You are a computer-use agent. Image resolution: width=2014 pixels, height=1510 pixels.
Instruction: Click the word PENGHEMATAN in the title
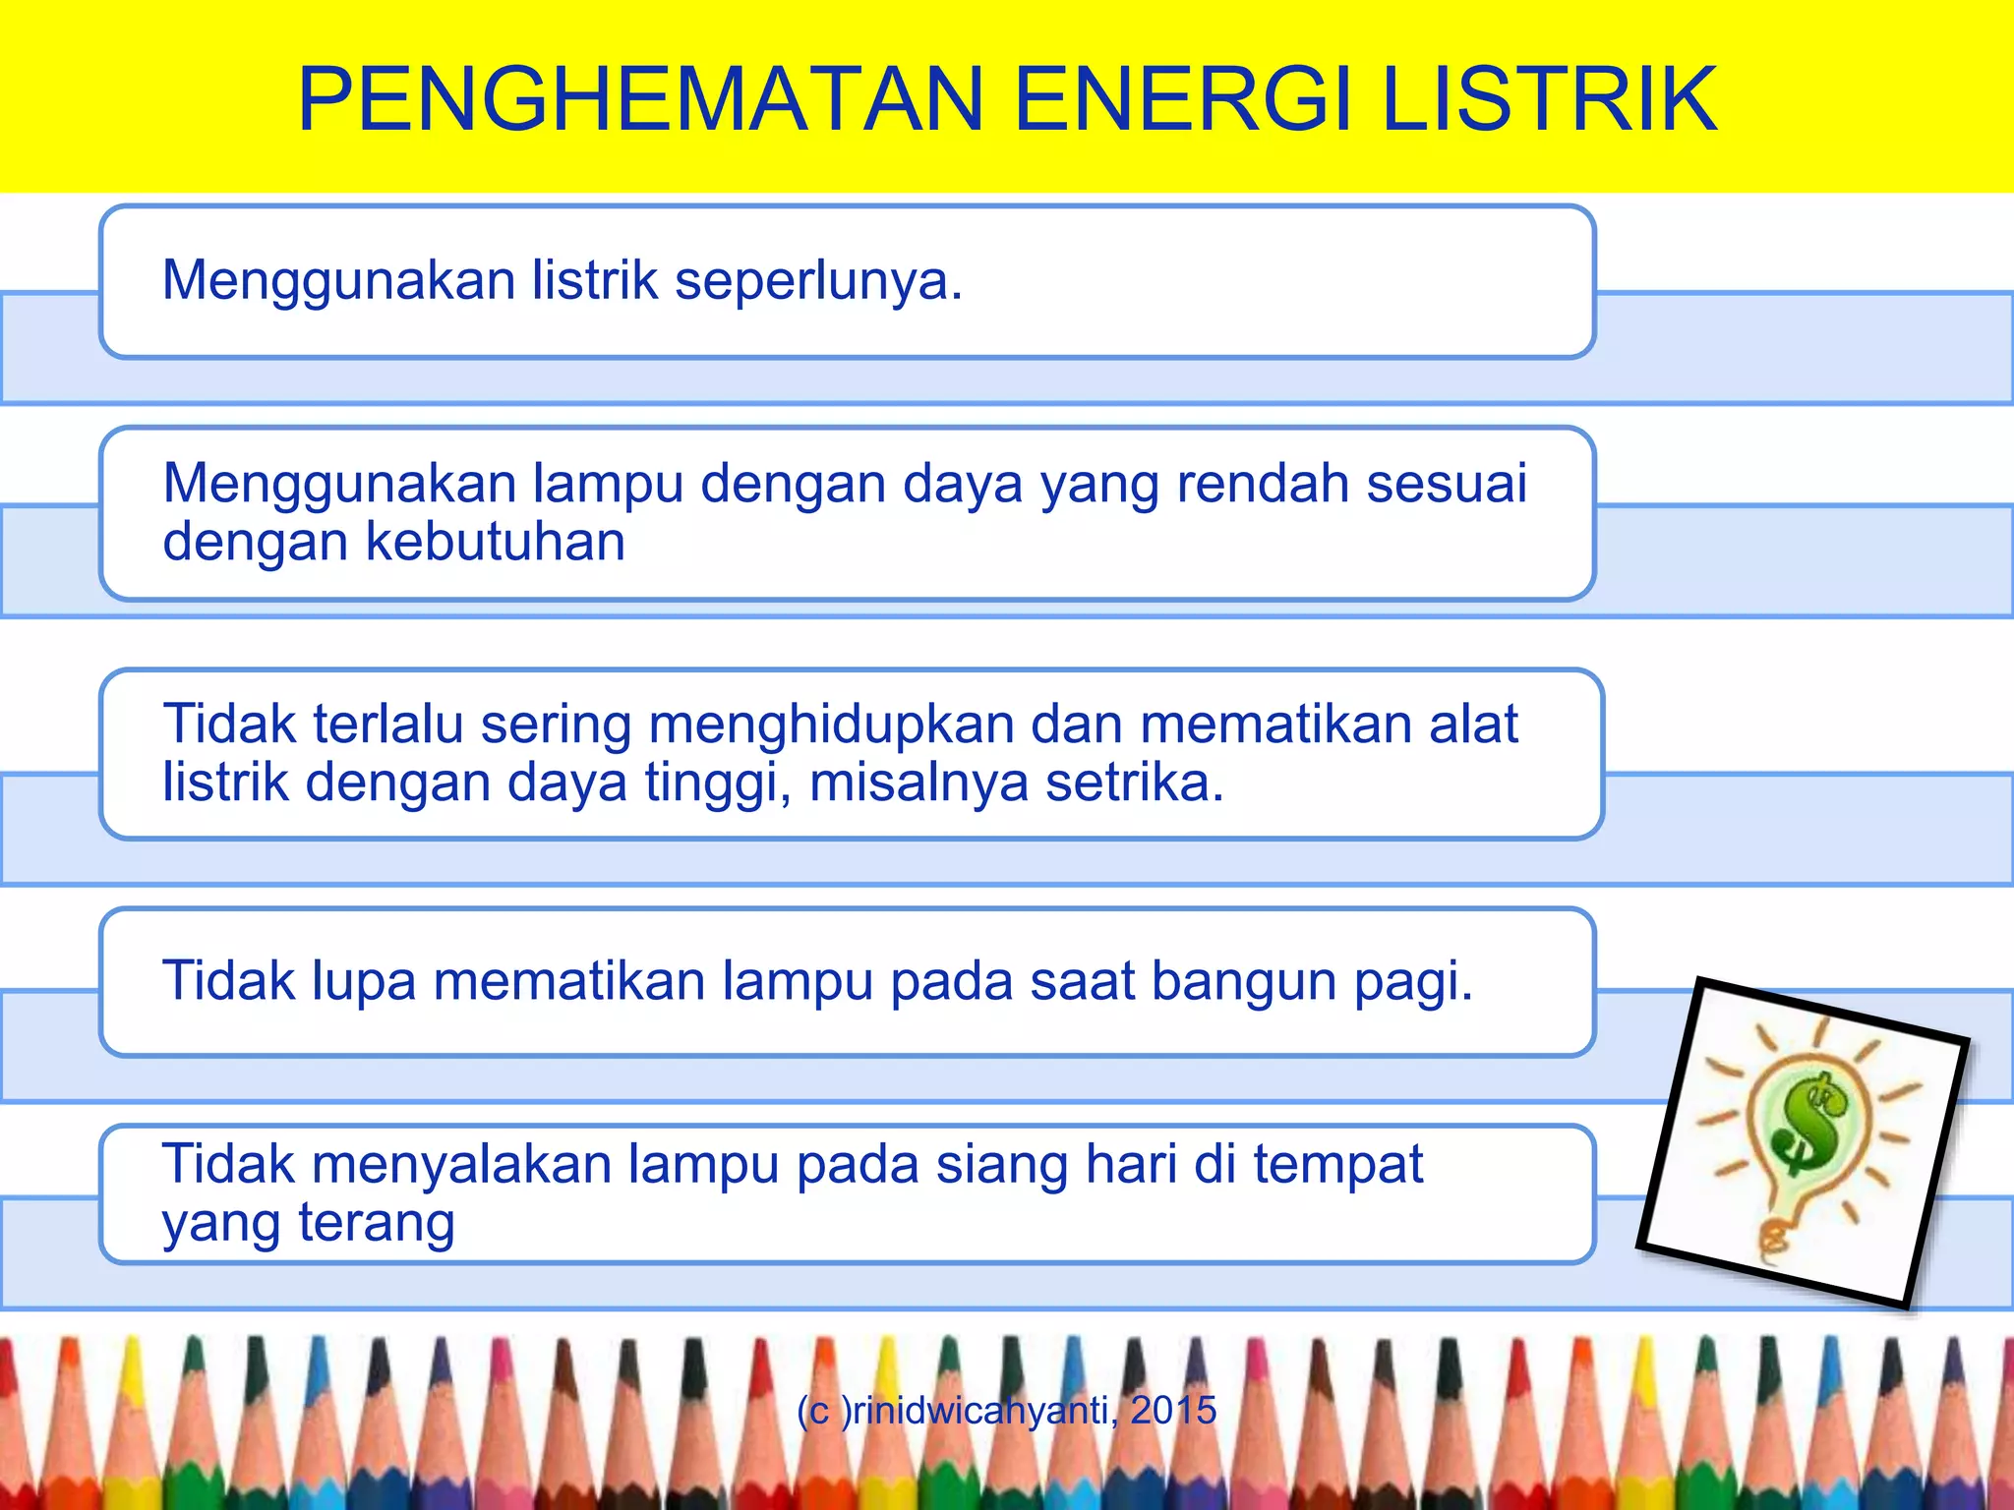point(640,99)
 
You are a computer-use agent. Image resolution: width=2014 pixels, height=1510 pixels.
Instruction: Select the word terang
point(377,1224)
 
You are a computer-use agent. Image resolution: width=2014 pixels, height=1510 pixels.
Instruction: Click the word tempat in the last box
point(1338,1166)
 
